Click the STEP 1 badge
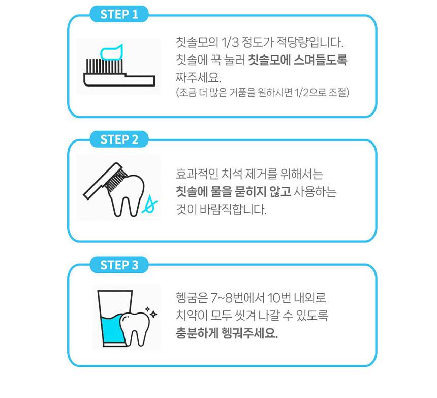click(x=119, y=14)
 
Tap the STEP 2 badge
click(x=119, y=139)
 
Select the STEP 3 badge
click(x=119, y=265)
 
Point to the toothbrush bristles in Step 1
click(x=105, y=66)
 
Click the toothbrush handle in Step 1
click(x=119, y=79)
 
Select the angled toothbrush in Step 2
click(x=105, y=180)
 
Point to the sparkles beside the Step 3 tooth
click(x=151, y=312)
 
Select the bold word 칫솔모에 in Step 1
click(x=269, y=60)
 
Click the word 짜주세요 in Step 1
click(x=198, y=77)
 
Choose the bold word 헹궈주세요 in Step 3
click(x=249, y=333)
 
